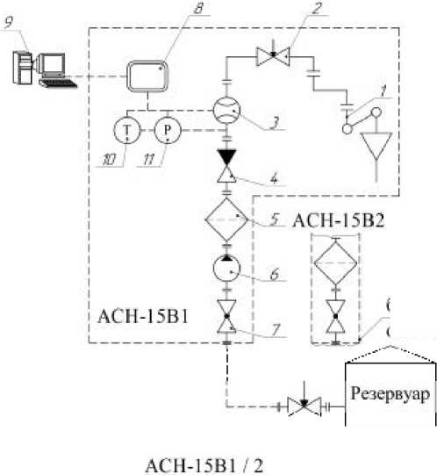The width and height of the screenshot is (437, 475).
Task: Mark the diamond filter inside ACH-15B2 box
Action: point(335,261)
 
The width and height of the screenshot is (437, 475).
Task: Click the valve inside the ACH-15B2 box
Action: point(335,317)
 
